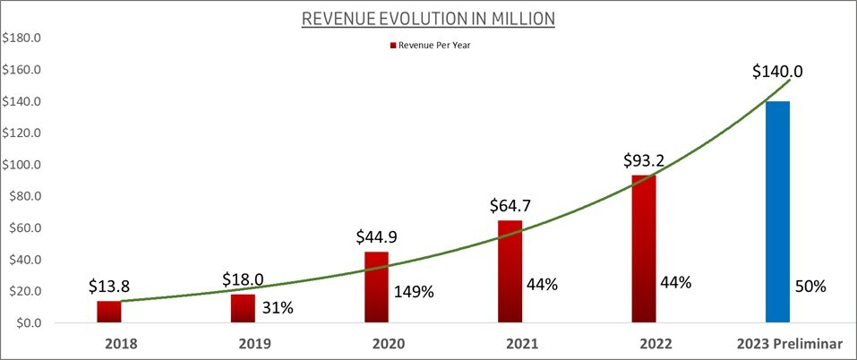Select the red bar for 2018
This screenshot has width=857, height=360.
pos(109,312)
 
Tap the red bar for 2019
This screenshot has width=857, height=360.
pos(244,308)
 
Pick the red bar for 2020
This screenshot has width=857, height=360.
pos(377,287)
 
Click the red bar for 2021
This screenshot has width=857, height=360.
pos(510,271)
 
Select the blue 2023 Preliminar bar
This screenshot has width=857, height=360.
pos(778,212)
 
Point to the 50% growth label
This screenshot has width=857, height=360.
pos(810,287)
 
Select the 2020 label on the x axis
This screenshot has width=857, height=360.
pos(377,344)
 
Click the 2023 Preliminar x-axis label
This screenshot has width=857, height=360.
pos(778,344)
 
